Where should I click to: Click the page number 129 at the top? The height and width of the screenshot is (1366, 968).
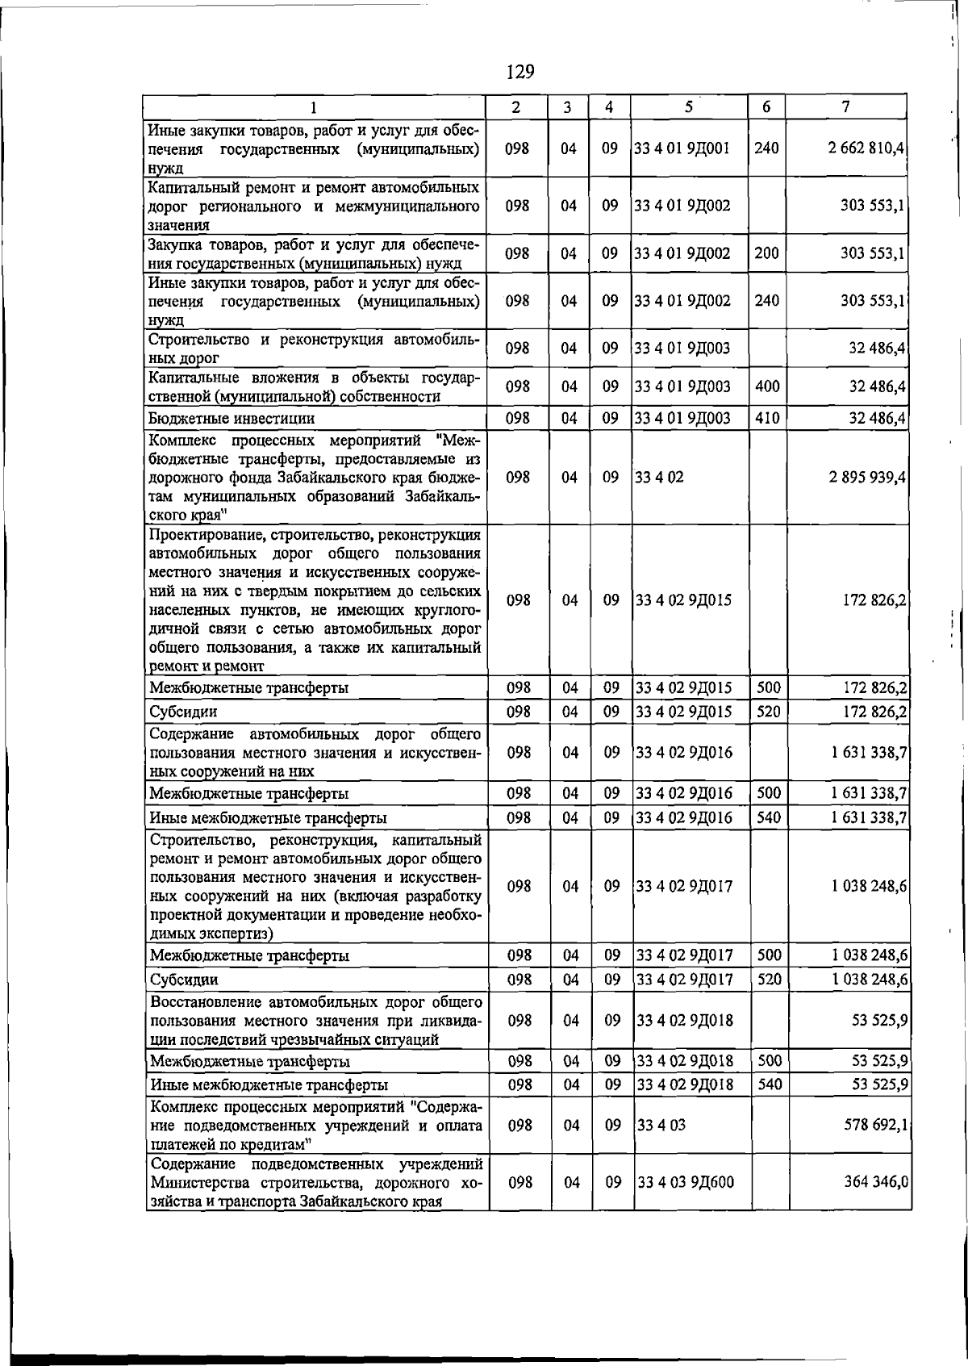pyautogui.click(x=520, y=72)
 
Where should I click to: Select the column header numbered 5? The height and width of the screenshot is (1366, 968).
pyautogui.click(x=688, y=107)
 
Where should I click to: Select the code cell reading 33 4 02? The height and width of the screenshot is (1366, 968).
pyautogui.click(x=659, y=477)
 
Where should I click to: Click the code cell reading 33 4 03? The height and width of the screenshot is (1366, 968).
pyautogui.click(x=661, y=1125)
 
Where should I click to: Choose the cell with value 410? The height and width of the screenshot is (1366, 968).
pyautogui.click(x=768, y=418)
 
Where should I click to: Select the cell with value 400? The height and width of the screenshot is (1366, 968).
pyautogui.click(x=768, y=386)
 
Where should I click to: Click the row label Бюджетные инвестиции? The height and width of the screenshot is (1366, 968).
pyautogui.click(x=231, y=419)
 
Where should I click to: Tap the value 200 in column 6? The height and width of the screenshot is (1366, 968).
pyautogui.click(x=766, y=253)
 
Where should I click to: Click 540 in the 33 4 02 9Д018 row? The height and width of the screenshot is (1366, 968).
pyautogui.click(x=770, y=1084)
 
